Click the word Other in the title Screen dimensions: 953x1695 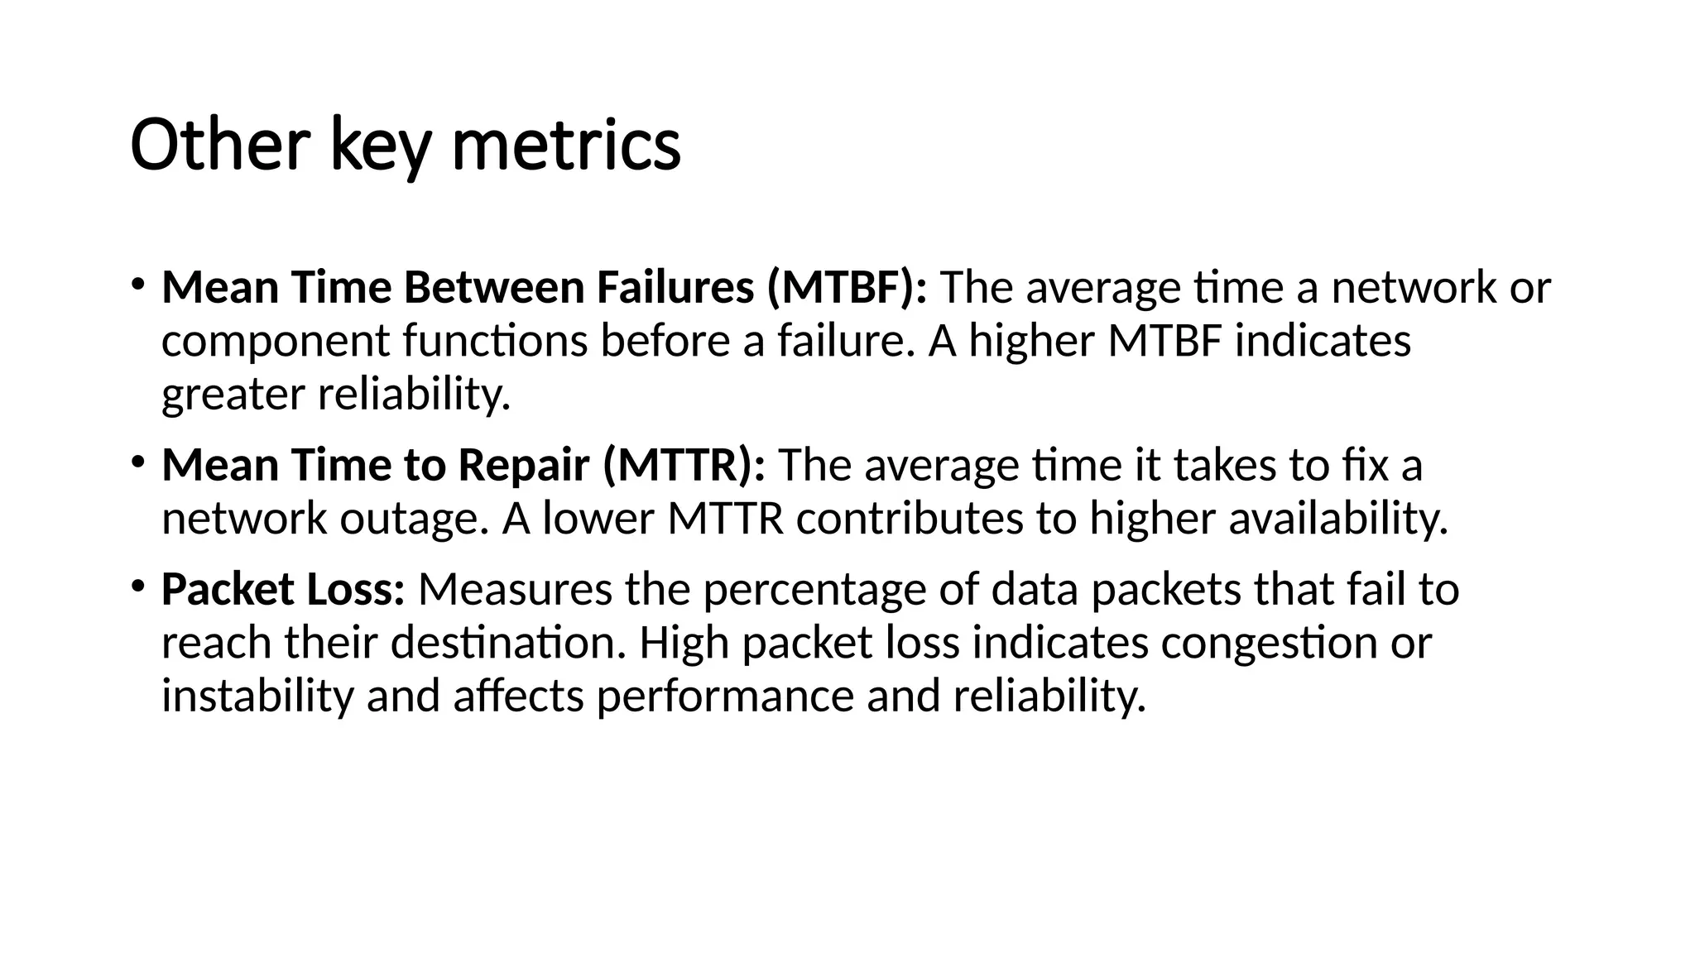pos(219,145)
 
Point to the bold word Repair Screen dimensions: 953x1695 pos(523,465)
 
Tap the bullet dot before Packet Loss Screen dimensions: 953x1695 pos(137,586)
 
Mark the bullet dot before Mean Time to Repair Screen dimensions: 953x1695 pos(137,462)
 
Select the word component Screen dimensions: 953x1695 pos(276,342)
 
